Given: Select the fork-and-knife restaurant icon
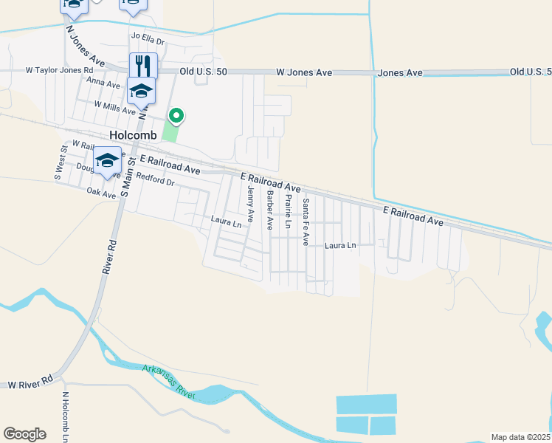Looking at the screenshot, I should [x=143, y=65].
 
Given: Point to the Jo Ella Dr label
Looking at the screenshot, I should [x=147, y=35].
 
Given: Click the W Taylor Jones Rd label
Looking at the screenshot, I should [x=59, y=71].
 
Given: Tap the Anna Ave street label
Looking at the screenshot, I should [x=103, y=84].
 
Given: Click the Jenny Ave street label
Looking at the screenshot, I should [x=251, y=205].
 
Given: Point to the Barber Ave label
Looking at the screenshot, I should [x=271, y=210].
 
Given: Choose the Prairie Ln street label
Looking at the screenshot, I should [x=289, y=210].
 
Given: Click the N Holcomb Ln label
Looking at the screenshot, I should [x=66, y=416].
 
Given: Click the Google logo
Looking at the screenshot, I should [x=24, y=433].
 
